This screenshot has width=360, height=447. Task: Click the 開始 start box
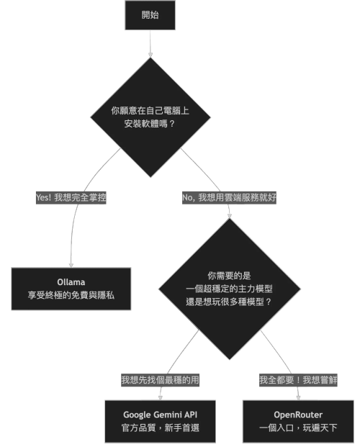coord(150,15)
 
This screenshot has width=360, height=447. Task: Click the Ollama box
coord(71,288)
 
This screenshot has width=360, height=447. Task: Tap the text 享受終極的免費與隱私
coord(71,296)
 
